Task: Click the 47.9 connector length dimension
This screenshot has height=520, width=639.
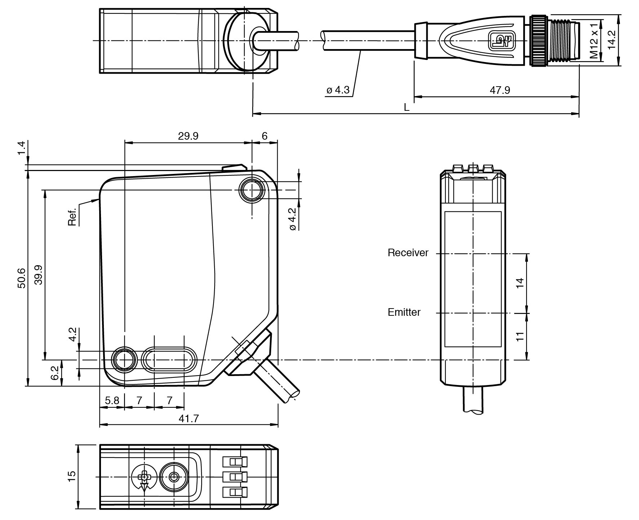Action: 499,90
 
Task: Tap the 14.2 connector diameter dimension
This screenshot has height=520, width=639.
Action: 612,40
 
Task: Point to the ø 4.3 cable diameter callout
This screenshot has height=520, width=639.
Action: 338,90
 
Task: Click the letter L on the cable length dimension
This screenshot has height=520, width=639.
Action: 407,108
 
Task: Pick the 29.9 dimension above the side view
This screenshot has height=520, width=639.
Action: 188,136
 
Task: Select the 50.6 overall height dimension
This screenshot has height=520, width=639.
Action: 22,278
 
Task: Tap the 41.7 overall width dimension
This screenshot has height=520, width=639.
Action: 189,419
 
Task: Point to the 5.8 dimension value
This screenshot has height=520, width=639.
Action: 112,401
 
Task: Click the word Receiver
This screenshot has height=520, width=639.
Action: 408,253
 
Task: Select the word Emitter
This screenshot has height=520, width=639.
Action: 404,312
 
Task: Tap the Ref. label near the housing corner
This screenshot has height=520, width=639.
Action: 72,217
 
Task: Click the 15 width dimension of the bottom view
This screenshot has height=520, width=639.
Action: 72,477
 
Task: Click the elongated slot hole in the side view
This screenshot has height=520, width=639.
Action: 169,359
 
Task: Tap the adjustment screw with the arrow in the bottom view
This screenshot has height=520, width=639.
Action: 144,477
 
